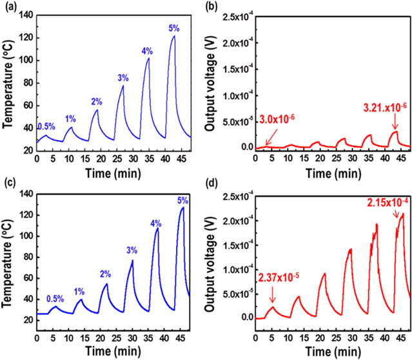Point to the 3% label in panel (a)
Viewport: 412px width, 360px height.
[x=123, y=78]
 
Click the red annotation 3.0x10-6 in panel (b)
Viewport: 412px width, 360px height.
[x=280, y=119]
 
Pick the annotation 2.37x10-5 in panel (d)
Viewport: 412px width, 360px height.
[x=278, y=278]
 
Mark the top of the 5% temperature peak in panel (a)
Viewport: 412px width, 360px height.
[x=173, y=36]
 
